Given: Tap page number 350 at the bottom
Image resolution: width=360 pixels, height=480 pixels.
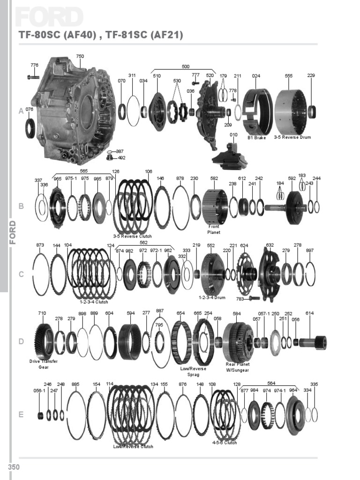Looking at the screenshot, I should pyautogui.click(x=14, y=466).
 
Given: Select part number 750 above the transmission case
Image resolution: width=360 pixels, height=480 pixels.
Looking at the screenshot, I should pyautogui.click(x=80, y=56).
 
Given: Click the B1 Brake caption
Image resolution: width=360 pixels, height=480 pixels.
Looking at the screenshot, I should pyautogui.click(x=256, y=138).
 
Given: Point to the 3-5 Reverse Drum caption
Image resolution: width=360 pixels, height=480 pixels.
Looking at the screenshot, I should pyautogui.click(x=292, y=137).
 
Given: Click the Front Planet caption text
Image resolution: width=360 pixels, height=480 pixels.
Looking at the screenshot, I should pyautogui.click(x=214, y=229).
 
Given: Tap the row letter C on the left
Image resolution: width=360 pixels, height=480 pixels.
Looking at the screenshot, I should pyautogui.click(x=21, y=274).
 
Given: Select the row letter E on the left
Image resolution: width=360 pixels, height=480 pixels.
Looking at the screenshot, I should pyautogui.click(x=21, y=414).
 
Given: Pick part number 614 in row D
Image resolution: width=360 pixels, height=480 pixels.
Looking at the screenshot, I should pyautogui.click(x=309, y=313).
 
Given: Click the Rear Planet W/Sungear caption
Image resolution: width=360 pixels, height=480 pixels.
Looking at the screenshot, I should pyautogui.click(x=238, y=367).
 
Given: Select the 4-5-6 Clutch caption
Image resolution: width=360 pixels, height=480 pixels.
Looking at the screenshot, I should pyautogui.click(x=225, y=442).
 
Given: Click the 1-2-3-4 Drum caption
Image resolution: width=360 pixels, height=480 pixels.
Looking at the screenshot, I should pyautogui.click(x=212, y=298).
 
